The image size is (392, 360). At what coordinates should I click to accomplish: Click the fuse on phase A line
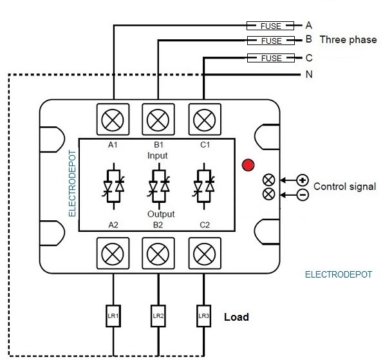270,26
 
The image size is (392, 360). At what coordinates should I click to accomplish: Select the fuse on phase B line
271,41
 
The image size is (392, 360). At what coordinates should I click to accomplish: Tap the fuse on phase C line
271,58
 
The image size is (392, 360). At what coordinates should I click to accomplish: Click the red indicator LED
248,165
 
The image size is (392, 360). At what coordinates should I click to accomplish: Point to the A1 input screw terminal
113,120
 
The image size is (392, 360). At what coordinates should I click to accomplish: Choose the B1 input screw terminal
158,120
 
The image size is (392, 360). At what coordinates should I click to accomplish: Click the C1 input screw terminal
205,120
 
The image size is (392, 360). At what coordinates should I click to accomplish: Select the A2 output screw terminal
113,254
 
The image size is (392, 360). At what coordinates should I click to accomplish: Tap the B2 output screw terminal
158,254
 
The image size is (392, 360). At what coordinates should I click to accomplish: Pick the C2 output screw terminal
205,254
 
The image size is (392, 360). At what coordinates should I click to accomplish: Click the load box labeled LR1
113,316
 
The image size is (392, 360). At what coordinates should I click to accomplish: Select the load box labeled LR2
158,316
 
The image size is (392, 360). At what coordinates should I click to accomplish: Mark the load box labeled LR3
204,316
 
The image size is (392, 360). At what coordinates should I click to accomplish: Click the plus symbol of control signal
303,180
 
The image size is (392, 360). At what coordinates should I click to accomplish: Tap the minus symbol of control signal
303,195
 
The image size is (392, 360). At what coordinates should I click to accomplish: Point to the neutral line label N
309,75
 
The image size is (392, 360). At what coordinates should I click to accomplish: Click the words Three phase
348,40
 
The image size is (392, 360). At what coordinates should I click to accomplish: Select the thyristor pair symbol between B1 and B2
159,186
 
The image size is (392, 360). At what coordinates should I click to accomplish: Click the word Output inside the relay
161,214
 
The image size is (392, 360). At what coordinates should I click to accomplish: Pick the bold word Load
236,317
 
